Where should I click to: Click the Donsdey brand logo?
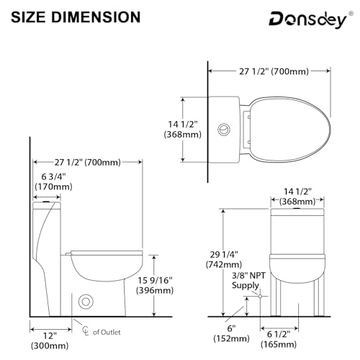click(x=308, y=20)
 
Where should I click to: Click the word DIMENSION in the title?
click(x=96, y=17)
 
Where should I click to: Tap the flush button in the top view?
click(x=224, y=130)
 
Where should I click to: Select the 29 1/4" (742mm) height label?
click(x=224, y=259)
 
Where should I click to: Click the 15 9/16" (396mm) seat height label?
click(x=155, y=285)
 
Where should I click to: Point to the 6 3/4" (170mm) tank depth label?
click(x=53, y=181)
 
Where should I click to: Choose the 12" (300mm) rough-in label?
click(x=50, y=341)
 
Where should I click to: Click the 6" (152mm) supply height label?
click(x=232, y=333)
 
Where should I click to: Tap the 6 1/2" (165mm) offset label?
click(x=279, y=339)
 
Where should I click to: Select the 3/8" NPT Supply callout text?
click(x=248, y=280)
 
